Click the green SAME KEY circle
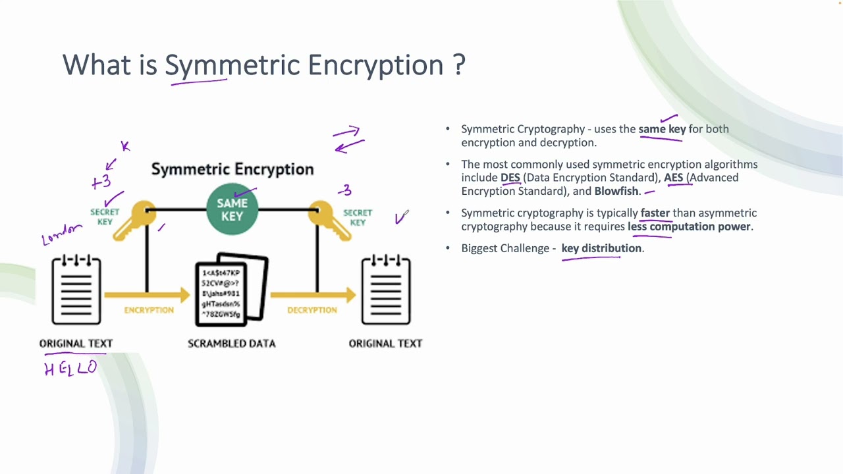click(x=232, y=209)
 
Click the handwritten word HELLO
click(x=70, y=368)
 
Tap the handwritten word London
click(x=61, y=234)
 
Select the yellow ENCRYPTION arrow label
click(x=149, y=309)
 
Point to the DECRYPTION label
click(x=312, y=309)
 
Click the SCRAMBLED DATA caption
click(x=231, y=343)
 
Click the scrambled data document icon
click(x=231, y=290)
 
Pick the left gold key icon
click(x=135, y=219)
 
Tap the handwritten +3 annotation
click(x=101, y=182)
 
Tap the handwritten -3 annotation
click(x=345, y=191)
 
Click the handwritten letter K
click(x=124, y=146)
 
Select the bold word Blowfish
click(x=616, y=191)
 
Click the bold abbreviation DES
click(x=510, y=178)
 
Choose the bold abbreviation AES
click(x=673, y=178)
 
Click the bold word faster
click(x=655, y=213)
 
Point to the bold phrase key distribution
click(x=601, y=248)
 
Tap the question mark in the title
click(x=459, y=65)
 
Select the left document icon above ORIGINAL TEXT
click(x=76, y=290)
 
